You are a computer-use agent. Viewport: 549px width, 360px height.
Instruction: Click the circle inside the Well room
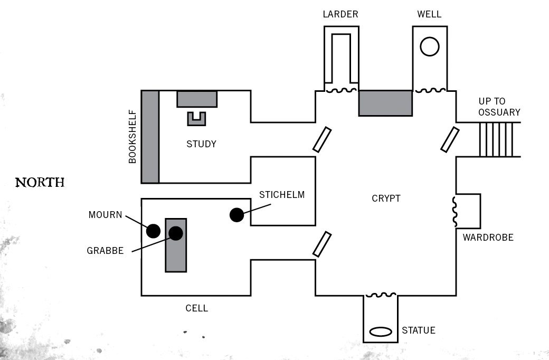pyautogui.click(x=430, y=46)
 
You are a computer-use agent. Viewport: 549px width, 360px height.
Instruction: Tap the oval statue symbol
pyautogui.click(x=380, y=332)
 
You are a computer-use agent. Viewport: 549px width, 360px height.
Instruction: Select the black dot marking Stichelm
pyautogui.click(x=236, y=215)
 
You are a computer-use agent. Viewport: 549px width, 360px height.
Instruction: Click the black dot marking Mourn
pyautogui.click(x=153, y=231)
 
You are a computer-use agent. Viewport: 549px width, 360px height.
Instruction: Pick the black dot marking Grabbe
pyautogui.click(x=176, y=233)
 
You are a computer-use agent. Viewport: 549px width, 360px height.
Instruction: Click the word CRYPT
pyautogui.click(x=386, y=198)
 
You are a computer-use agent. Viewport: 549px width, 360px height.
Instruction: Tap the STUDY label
pyautogui.click(x=201, y=144)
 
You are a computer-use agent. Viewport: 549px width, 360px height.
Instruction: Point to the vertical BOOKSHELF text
pyautogui.click(x=132, y=137)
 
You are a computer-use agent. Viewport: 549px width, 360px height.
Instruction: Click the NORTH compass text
pyautogui.click(x=40, y=183)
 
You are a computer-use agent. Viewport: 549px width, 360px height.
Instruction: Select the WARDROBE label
pyautogui.click(x=488, y=238)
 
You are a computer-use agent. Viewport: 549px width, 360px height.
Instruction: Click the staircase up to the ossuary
pyautogui.click(x=496, y=139)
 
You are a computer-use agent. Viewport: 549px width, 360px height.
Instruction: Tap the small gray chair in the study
pyautogui.click(x=196, y=119)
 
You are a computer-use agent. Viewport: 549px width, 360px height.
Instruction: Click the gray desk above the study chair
pyautogui.click(x=196, y=99)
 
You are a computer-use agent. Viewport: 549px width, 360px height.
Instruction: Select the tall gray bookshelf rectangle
pyautogui.click(x=150, y=137)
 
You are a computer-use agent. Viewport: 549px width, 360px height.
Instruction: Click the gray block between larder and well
pyautogui.click(x=385, y=103)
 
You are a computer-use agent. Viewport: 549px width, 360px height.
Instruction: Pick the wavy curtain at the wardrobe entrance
pyautogui.click(x=454, y=211)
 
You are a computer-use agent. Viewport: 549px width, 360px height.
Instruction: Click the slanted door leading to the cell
pyautogui.click(x=322, y=244)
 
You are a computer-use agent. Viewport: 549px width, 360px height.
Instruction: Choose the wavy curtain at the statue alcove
pyautogui.click(x=380, y=295)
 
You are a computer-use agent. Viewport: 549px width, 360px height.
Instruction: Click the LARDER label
pyautogui.click(x=340, y=14)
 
